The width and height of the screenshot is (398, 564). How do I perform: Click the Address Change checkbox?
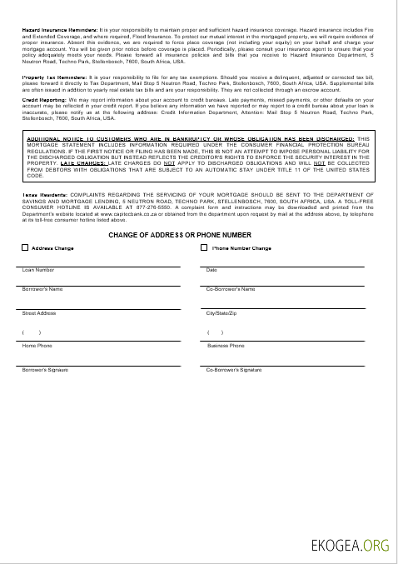25,247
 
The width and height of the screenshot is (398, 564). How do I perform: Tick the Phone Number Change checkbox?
204,247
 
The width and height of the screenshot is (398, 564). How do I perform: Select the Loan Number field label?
38,270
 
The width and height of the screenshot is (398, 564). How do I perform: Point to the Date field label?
211,270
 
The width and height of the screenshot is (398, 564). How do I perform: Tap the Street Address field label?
39,312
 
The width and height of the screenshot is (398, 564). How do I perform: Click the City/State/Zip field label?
222,312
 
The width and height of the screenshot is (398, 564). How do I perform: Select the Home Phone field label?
37,345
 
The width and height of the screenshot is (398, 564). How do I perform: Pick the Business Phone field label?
226,345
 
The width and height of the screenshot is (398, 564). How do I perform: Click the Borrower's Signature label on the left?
45,369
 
